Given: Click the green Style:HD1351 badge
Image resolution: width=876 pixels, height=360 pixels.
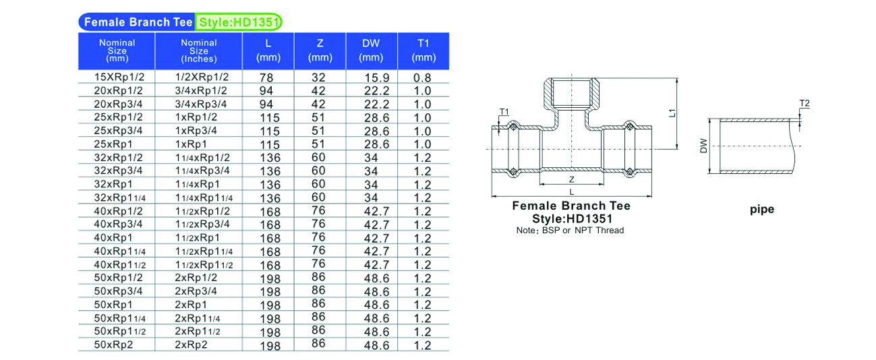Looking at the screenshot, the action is coord(239,22).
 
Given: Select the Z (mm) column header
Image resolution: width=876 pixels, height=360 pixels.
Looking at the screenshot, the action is coord(320,51).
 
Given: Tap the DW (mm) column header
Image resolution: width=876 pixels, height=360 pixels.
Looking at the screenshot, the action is coord(371,51).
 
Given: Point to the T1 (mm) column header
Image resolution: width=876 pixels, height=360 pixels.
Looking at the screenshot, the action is coord(424,51).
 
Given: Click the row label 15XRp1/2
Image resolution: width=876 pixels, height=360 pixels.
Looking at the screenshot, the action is coord(119,77).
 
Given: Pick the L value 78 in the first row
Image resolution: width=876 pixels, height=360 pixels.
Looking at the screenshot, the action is coord(266,78).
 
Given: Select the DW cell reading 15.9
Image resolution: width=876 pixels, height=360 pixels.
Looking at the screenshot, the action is coord(377,78).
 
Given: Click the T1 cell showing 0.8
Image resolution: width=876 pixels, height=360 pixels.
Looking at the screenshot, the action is coord(422,78).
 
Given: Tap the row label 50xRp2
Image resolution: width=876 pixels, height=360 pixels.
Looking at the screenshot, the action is coord(113,344).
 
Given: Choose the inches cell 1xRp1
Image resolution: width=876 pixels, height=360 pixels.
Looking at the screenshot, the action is coord(191,144).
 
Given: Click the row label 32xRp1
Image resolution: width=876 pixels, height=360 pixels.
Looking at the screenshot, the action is coord(113,184).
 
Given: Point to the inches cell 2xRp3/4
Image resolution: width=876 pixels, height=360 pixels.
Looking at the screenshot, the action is coord(196,291).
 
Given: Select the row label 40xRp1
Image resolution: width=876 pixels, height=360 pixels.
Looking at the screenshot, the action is coord(113,238).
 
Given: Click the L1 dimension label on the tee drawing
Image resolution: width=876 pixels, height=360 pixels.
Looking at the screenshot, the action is coord(672,113).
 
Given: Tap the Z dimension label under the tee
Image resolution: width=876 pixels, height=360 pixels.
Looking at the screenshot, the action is coord(572,179).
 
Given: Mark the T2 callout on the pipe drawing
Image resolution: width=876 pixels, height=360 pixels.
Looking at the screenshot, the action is coord(805,103).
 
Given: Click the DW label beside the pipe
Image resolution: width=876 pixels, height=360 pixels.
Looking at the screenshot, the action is coord(703,146).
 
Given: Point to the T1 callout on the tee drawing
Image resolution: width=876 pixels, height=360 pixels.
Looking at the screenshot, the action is coord(504,112).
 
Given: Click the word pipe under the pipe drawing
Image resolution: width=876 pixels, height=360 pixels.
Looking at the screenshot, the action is coord(762,210).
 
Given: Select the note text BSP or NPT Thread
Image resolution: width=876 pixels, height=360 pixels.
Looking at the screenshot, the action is coord(583,231).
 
